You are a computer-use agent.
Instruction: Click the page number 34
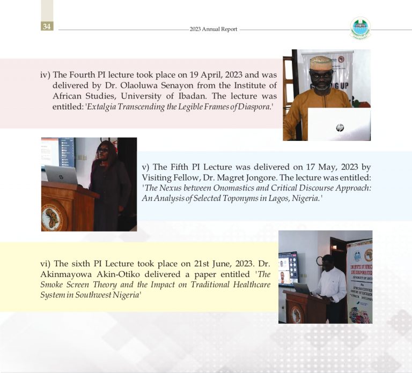pos(47,26)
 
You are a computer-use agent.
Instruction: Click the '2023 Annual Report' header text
pos(213,29)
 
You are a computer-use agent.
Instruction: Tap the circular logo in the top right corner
pos(360,28)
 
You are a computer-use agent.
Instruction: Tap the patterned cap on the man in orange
pos(321,62)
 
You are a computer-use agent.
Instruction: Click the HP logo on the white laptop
pos(340,128)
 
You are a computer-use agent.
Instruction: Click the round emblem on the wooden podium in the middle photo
pos(52,218)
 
